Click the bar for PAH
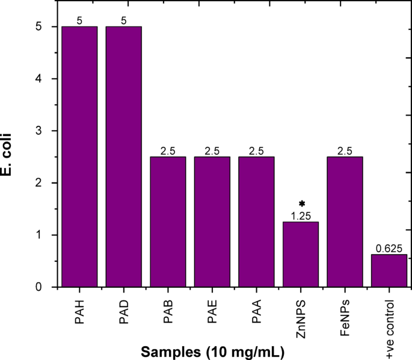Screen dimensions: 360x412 [79, 157]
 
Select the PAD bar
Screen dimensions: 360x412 [123, 157]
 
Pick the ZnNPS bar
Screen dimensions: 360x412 [301, 254]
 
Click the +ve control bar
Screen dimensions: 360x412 [389, 270]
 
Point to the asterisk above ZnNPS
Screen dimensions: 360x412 [301, 204]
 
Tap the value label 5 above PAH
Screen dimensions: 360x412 [79, 21]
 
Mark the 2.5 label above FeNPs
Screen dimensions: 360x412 [345, 151]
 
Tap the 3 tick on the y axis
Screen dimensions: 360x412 [38, 131]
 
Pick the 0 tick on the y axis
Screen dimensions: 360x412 [38, 287]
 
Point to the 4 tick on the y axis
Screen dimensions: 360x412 [38, 79]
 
